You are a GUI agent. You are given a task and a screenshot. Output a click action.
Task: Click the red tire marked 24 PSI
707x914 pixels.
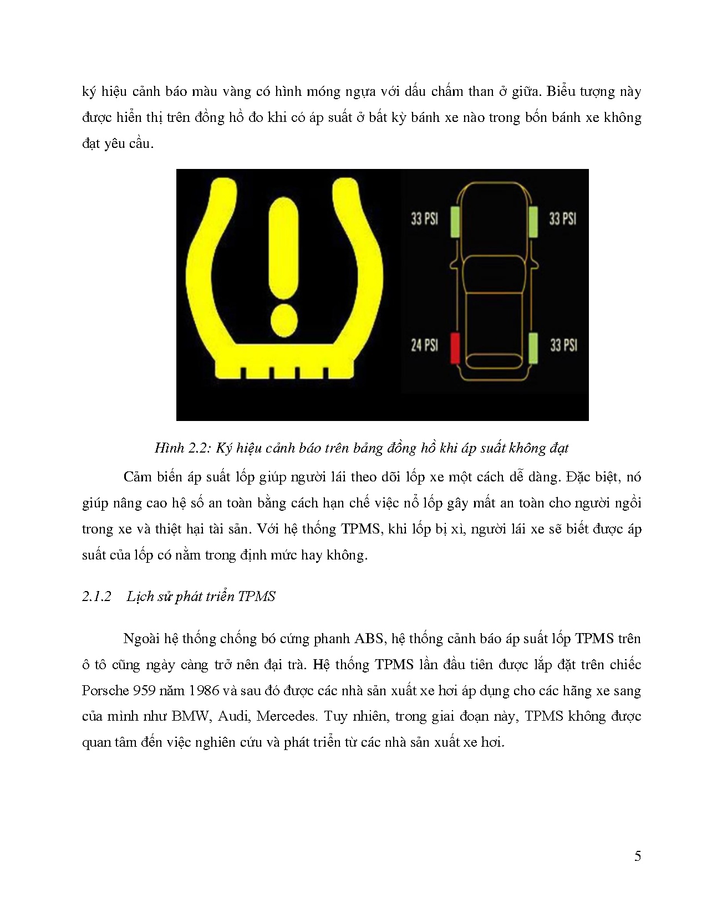pyautogui.click(x=455, y=348)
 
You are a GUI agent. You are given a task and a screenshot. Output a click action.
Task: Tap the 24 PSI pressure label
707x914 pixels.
pyautogui.click(x=424, y=345)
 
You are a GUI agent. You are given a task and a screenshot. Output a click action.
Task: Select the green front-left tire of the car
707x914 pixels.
pyautogui.click(x=455, y=222)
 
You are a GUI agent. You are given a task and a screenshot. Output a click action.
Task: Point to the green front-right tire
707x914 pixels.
pyautogui.click(x=533, y=220)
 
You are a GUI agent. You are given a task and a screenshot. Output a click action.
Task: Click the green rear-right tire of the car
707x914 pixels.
pyautogui.click(x=533, y=348)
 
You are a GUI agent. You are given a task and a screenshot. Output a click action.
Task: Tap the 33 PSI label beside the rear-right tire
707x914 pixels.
pyautogui.click(x=563, y=345)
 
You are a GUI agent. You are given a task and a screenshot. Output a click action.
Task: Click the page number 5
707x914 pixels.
pyautogui.click(x=638, y=856)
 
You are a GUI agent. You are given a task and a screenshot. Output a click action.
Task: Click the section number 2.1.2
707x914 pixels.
pyautogui.click(x=96, y=596)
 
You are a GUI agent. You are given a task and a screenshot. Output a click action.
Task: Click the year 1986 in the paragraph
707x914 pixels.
pyautogui.click(x=204, y=690)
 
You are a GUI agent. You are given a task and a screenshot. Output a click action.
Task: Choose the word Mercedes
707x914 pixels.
pyautogui.click(x=286, y=716)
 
